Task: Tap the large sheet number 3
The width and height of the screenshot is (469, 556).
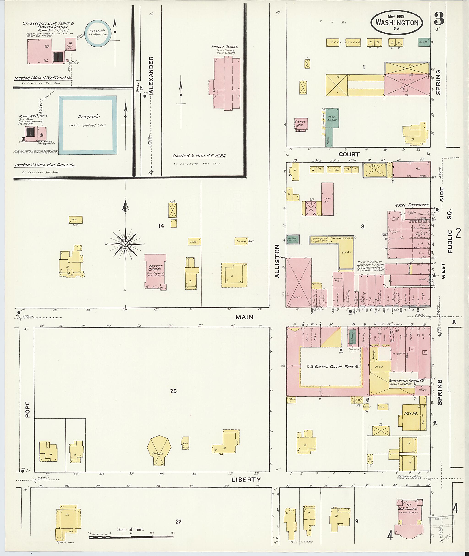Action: point(439,19)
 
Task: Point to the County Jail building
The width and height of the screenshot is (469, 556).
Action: point(301,124)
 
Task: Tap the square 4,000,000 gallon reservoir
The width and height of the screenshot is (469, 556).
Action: point(88,125)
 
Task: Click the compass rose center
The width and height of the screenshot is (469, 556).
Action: point(125,244)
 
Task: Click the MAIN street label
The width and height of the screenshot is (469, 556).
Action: point(244,317)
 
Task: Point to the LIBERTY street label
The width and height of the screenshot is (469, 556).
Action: point(246,480)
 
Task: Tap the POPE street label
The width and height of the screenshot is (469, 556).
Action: point(27,409)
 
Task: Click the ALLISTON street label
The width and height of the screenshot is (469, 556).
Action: point(277,261)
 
